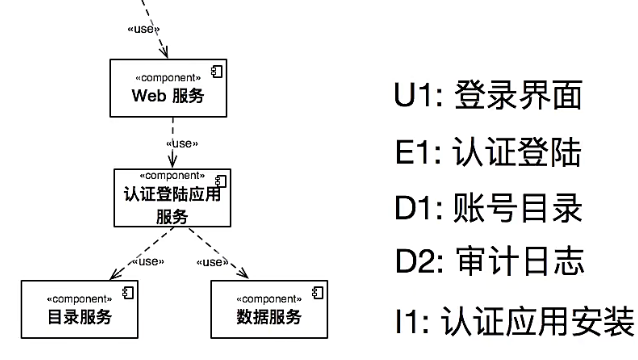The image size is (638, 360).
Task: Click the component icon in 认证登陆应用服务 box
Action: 221,179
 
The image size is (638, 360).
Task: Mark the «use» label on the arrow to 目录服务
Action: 149,263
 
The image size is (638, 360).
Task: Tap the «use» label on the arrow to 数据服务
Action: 210,263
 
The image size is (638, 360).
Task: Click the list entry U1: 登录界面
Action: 487,99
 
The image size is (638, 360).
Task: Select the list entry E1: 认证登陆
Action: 487,155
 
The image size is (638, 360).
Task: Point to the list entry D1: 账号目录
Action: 487,211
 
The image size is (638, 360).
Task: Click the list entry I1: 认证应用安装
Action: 510,323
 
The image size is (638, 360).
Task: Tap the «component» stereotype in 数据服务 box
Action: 261,298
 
